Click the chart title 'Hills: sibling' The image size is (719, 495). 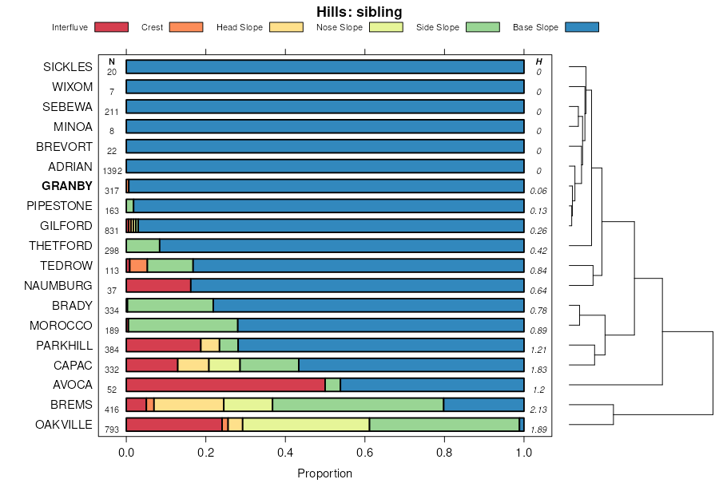coord(359,12)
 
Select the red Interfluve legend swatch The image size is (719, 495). coord(111,27)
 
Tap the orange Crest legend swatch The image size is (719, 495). coord(185,27)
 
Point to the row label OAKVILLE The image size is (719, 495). coord(64,424)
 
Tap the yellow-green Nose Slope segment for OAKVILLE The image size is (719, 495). coord(306,425)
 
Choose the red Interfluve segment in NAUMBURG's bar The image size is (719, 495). coord(158,286)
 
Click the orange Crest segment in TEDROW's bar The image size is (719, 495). coord(138,266)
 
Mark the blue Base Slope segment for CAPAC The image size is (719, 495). coord(411,365)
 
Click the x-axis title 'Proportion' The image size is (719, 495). coord(324,473)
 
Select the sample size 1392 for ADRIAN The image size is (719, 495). coord(112,171)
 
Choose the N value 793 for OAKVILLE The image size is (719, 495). coord(112,430)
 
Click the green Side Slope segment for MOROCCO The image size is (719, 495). coord(183,325)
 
